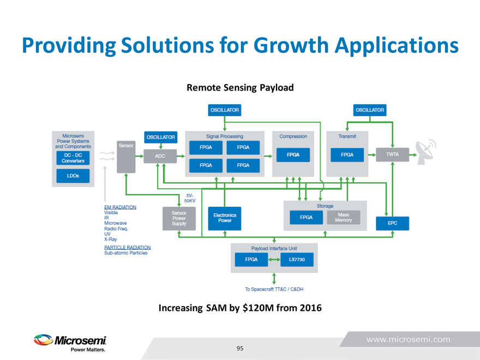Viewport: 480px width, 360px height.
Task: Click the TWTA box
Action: click(x=392, y=155)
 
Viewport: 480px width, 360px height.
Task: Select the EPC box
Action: click(x=392, y=223)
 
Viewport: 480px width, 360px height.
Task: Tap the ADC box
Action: click(x=160, y=156)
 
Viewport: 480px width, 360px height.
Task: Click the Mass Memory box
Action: click(x=344, y=218)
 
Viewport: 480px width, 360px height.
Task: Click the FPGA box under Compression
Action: click(x=293, y=155)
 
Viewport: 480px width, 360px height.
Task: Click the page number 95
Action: click(x=240, y=348)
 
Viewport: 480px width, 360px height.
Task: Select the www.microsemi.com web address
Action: click(x=409, y=339)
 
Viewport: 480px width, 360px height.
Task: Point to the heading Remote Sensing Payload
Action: click(x=240, y=87)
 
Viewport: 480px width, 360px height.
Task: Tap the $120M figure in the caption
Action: click(x=259, y=308)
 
